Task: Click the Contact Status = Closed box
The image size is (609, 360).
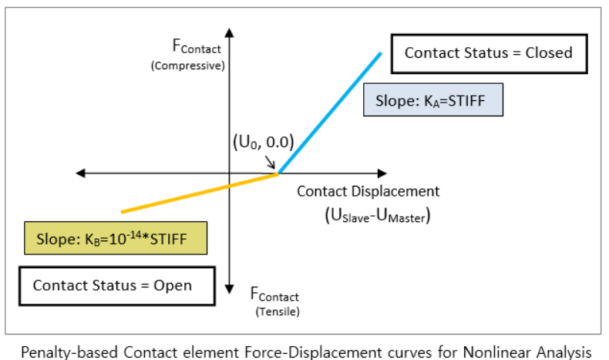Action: point(489,53)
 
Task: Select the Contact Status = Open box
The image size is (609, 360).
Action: point(113,285)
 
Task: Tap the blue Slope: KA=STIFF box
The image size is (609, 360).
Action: point(434,100)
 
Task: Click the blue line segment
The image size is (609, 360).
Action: point(331,111)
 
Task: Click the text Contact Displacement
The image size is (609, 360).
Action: point(368,192)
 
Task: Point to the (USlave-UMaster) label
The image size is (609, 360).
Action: point(377,217)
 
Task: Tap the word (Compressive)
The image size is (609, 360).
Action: point(189,66)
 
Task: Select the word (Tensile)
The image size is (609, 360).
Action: point(275,311)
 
